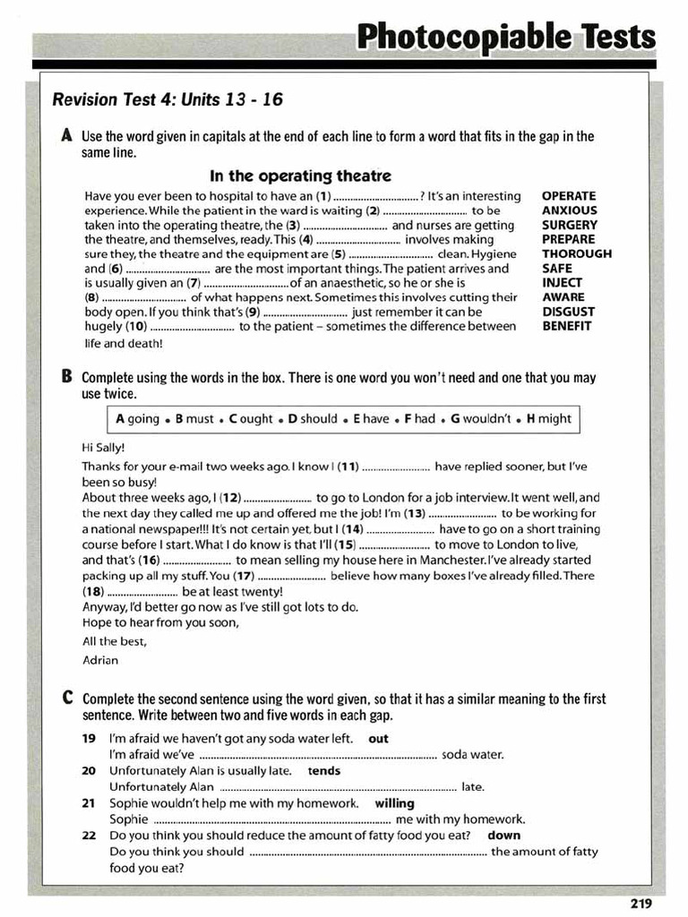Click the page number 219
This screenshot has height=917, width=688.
(x=641, y=904)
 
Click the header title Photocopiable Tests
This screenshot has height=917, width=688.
(x=506, y=38)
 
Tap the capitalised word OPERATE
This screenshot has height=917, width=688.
(x=568, y=196)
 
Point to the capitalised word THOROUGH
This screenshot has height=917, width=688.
(x=577, y=253)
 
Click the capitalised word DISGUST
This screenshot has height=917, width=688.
(x=568, y=312)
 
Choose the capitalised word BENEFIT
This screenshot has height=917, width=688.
(x=566, y=326)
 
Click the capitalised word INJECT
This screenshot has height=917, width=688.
(x=562, y=283)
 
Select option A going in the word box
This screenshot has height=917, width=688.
(x=138, y=418)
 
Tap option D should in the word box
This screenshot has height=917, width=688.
(x=313, y=418)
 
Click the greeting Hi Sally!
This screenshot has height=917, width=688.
(x=103, y=447)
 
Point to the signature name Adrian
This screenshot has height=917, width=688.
(x=99, y=660)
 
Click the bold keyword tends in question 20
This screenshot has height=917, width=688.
(x=324, y=770)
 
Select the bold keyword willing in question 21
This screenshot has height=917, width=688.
(x=394, y=803)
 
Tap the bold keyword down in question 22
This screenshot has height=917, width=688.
(x=504, y=835)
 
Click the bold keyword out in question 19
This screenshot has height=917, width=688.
(x=378, y=739)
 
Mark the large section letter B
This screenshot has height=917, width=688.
(x=67, y=377)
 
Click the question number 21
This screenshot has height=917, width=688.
(x=89, y=803)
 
